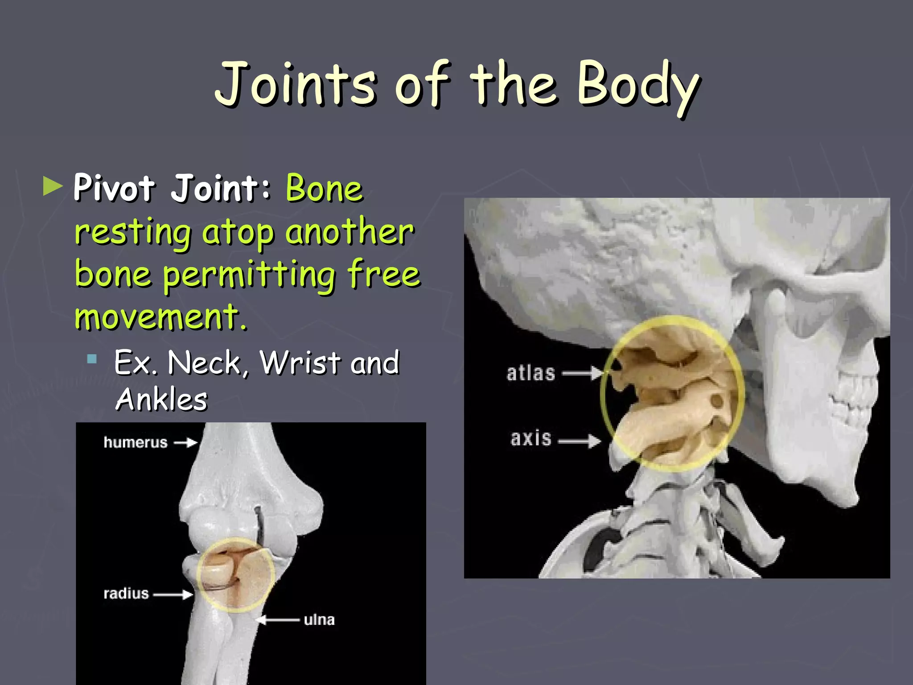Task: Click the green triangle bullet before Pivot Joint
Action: click(53, 186)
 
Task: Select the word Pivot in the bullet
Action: click(114, 188)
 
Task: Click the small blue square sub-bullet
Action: click(92, 359)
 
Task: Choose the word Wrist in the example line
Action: click(300, 362)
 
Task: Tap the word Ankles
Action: click(161, 399)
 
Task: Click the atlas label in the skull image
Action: click(531, 373)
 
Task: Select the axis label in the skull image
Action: click(531, 438)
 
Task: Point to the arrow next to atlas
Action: click(582, 373)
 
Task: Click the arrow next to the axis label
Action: click(579, 441)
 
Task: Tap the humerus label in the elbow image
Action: click(136, 442)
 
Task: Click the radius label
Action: click(126, 594)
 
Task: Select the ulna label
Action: click(319, 620)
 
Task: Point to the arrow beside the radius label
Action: click(173, 594)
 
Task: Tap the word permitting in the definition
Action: click(249, 275)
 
